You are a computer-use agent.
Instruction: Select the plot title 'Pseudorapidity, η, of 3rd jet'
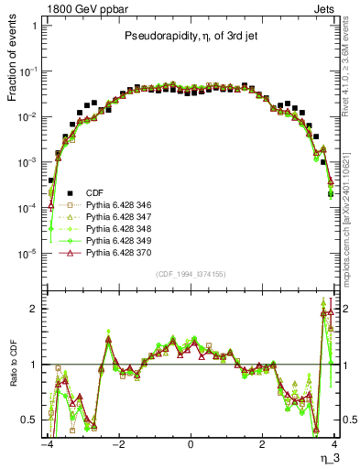(190, 37)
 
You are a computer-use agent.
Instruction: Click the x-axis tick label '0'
(191, 444)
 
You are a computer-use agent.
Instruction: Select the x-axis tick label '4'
(334, 444)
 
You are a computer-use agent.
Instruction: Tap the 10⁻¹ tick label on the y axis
(29, 71)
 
